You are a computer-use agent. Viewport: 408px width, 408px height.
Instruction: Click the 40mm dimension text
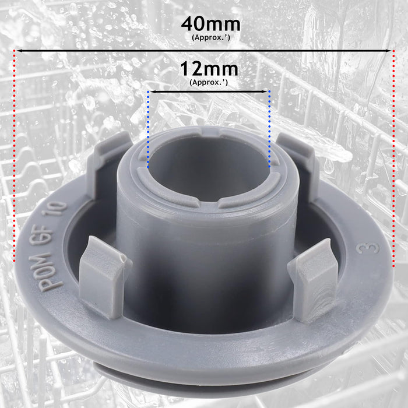pos(210,24)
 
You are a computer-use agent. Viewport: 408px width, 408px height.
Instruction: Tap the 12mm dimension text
pos(209,69)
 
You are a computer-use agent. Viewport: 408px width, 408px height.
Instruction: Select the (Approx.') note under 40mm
pos(210,37)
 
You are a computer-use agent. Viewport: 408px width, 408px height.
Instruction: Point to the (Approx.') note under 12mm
pos(209,82)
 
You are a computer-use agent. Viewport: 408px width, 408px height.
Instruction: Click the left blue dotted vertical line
pos(148,128)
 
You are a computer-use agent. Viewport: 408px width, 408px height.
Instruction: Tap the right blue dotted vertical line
pos(269,128)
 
